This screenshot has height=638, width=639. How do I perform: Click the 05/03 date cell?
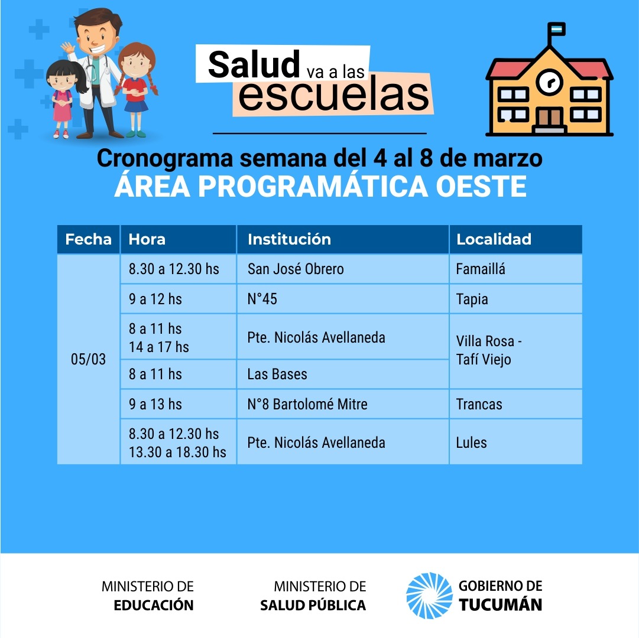tap(89, 359)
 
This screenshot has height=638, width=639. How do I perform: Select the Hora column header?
tap(179, 239)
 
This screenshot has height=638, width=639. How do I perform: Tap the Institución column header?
tap(343, 239)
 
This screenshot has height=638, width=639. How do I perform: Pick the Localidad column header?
tap(515, 239)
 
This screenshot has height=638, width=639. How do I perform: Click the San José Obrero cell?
tap(343, 269)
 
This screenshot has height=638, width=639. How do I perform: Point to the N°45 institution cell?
tap(343, 299)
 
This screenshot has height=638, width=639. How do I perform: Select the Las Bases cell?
tap(343, 374)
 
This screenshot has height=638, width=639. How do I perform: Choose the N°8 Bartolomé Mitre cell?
tap(343, 404)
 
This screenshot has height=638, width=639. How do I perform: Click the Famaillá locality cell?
tap(515, 269)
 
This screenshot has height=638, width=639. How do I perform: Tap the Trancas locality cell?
tap(515, 404)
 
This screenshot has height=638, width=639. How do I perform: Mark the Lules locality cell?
tap(515, 442)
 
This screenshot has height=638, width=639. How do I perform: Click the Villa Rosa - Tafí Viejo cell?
tap(515, 351)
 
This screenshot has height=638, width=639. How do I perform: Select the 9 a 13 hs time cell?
tap(179, 404)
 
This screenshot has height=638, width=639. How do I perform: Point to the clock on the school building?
tap(549, 82)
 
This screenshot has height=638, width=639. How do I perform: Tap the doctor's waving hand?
tap(68, 48)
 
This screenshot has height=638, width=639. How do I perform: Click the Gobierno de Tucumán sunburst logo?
tap(429, 595)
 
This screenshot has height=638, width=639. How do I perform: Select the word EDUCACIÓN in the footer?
tap(154, 605)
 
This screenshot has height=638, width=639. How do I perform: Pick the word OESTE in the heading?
tap(481, 187)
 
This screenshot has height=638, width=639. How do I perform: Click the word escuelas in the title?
tap(334, 95)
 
